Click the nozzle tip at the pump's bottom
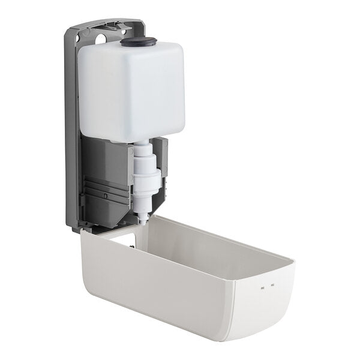click(143, 220)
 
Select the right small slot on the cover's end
click(272, 286)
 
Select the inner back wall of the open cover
click(198, 240)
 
